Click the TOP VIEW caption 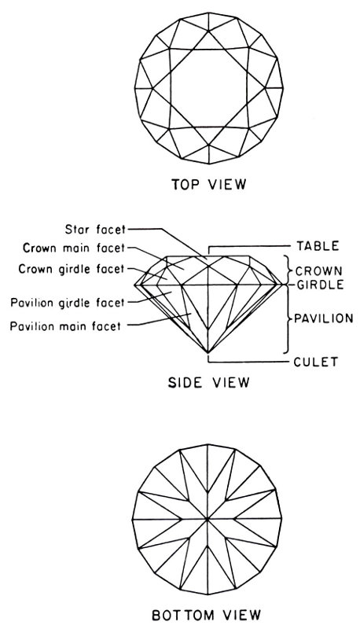pyautogui.click(x=209, y=184)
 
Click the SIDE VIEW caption pyautogui.click(x=209, y=382)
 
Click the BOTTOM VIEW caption pyautogui.click(x=207, y=614)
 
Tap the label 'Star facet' pyautogui.click(x=95, y=230)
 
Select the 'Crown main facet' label pyautogui.click(x=74, y=248)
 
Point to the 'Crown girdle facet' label pyautogui.click(x=72, y=269)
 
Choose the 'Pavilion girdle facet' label pyautogui.click(x=68, y=302)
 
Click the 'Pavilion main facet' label pyautogui.click(x=65, y=326)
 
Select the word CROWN pyautogui.click(x=318, y=270)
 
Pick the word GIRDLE pyautogui.click(x=321, y=285)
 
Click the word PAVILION pyautogui.click(x=324, y=318)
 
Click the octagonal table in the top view pyautogui.click(x=208, y=88)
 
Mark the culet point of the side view pyautogui.click(x=208, y=353)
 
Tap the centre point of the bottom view pyautogui.click(x=208, y=520)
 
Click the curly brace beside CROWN pyautogui.click(x=286, y=270)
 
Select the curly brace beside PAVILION pyautogui.click(x=287, y=319)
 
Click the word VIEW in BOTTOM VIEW pyautogui.click(x=239, y=614)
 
